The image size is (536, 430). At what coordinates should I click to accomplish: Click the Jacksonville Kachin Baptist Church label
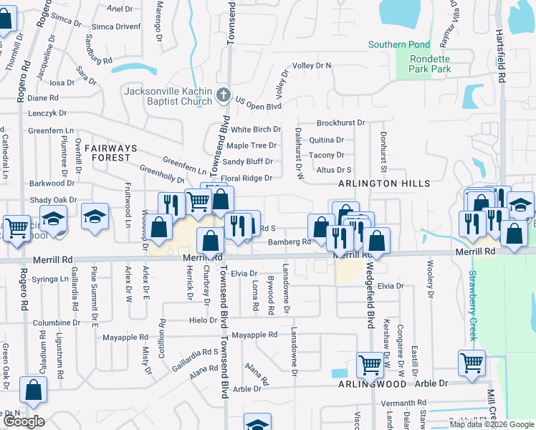click(x=168, y=96)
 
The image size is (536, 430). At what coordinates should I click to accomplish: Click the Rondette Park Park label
click(x=430, y=64)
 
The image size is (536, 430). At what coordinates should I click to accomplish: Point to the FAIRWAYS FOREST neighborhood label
click(x=109, y=152)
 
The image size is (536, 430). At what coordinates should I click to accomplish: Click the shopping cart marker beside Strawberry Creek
click(x=472, y=362)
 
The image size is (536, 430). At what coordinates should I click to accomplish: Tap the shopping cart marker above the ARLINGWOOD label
click(x=370, y=364)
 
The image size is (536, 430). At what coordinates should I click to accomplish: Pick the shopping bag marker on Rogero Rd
click(x=33, y=390)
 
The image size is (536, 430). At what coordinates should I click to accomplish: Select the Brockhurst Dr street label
click(x=340, y=123)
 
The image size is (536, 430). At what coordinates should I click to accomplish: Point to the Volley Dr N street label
click(x=312, y=65)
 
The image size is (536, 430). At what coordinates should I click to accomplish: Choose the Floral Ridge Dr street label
click(x=247, y=178)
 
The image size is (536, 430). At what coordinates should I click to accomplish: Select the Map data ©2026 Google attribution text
click(x=491, y=424)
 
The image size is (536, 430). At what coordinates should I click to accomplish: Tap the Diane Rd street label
click(x=44, y=97)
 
